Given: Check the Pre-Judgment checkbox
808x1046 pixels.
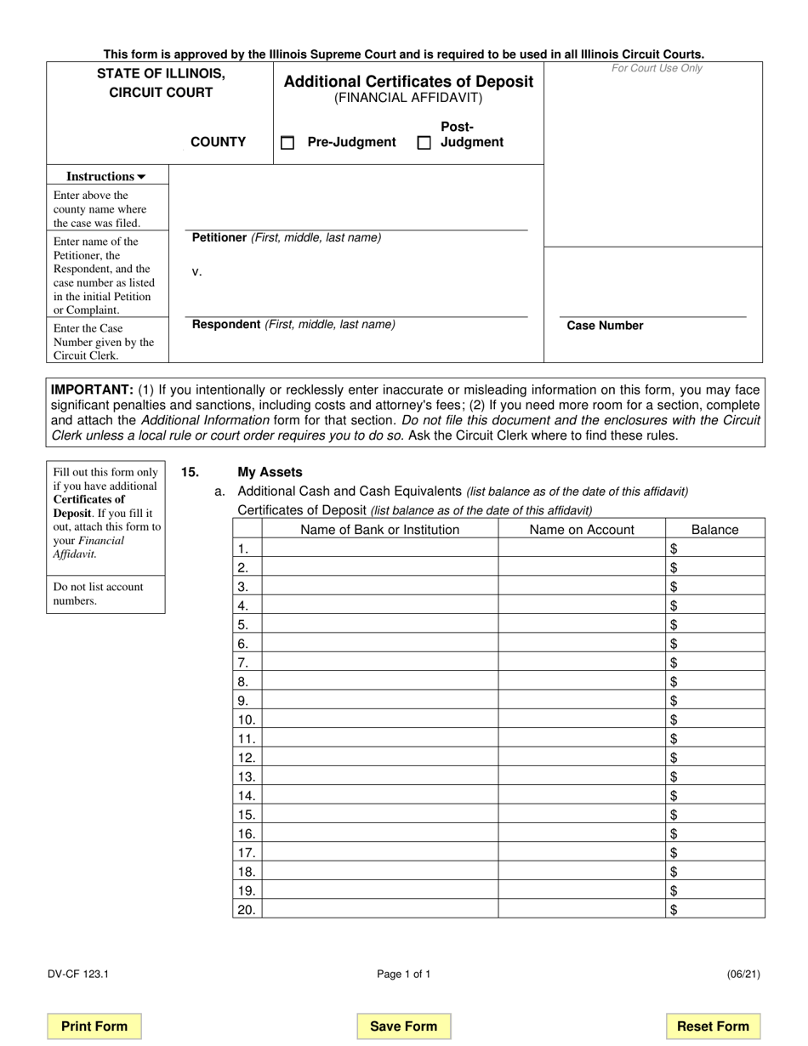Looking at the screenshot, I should click(x=287, y=143).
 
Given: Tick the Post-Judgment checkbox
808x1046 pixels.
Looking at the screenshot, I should click(x=424, y=143).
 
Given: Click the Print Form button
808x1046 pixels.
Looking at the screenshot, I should click(x=94, y=1026).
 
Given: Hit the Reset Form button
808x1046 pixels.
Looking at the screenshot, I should click(x=713, y=1026).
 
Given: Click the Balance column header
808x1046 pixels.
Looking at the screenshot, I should click(x=714, y=530).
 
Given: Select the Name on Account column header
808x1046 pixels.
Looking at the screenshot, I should click(x=582, y=530).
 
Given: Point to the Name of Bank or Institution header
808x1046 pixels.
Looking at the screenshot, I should click(x=379, y=530).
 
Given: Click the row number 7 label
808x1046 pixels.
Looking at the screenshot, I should click(x=243, y=662).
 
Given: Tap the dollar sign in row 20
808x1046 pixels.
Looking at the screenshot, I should click(x=674, y=910).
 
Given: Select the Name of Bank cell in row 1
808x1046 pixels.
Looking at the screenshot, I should click(x=379, y=549).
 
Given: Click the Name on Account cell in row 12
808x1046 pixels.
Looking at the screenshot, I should click(x=582, y=757).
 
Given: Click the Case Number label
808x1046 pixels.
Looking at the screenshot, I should click(x=605, y=326).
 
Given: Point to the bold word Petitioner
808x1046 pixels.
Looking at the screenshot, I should click(x=219, y=237).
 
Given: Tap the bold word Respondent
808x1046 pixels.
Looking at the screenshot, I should click(x=226, y=324).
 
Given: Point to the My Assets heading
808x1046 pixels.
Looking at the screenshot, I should click(x=270, y=472).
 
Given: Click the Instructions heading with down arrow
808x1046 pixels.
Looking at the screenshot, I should click(x=106, y=176).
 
